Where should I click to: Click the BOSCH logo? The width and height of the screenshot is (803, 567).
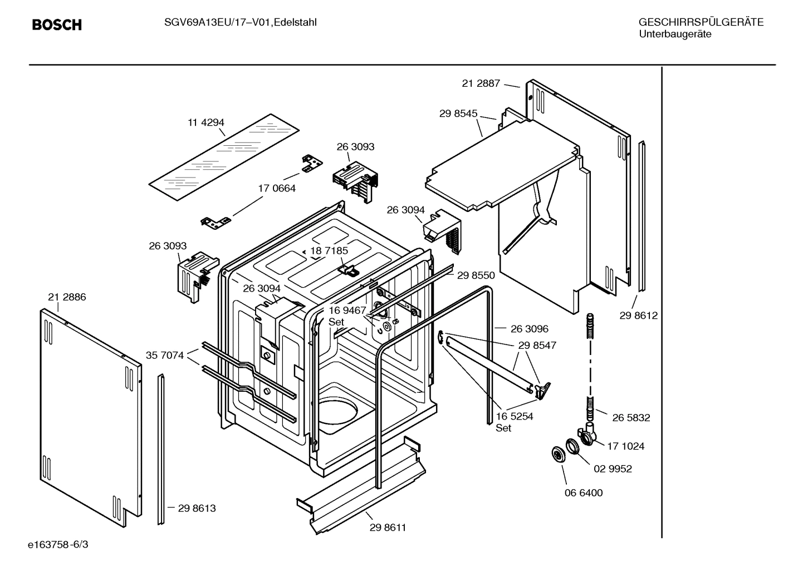[57, 25]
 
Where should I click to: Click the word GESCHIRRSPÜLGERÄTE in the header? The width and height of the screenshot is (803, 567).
[701, 23]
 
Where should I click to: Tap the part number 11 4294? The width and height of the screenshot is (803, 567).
[205, 123]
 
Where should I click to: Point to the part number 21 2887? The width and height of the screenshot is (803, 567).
[481, 83]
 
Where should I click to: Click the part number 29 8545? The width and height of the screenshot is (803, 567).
[458, 114]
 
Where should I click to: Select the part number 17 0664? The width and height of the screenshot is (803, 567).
[277, 189]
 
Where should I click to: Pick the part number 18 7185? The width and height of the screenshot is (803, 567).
[329, 251]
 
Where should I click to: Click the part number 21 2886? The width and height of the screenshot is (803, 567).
[67, 297]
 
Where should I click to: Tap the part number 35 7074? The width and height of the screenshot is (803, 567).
[165, 355]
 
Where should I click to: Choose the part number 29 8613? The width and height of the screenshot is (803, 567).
[197, 508]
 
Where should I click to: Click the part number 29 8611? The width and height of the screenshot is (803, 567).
[388, 527]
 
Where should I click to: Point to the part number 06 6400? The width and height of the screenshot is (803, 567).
[583, 493]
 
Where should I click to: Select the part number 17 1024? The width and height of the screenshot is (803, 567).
[626, 446]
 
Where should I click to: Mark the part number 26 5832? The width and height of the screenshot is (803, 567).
[631, 418]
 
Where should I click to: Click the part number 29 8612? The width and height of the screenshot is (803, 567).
[638, 316]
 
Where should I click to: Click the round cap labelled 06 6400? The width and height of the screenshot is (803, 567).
[557, 454]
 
